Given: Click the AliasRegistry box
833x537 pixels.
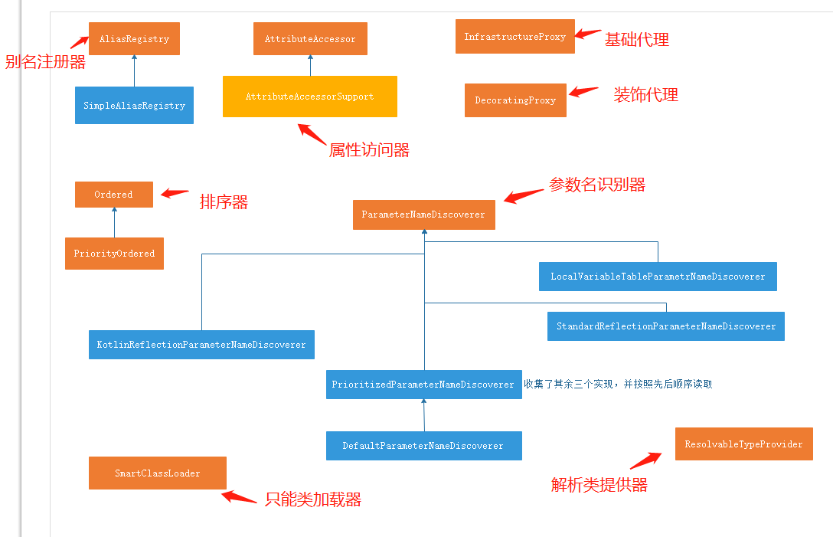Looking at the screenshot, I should (134, 39).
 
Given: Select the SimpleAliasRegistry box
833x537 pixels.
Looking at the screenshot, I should (134, 106).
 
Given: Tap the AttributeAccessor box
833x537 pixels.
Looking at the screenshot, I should (310, 39).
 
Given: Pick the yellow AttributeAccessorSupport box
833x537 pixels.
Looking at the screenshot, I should (309, 97).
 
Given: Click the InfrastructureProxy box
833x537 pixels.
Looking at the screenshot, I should (514, 37).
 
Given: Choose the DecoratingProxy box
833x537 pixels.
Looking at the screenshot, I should (515, 100).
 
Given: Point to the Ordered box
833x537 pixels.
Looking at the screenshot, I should (113, 195).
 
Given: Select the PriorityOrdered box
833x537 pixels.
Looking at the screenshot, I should (114, 254).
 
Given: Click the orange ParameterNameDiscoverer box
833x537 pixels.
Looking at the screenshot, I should (423, 214).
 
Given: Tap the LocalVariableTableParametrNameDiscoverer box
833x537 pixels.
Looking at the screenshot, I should (658, 277).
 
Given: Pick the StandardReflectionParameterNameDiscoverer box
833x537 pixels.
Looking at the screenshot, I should (666, 326).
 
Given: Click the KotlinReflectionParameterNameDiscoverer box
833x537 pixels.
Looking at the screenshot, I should (201, 345).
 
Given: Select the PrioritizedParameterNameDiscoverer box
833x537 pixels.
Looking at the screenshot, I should (423, 385).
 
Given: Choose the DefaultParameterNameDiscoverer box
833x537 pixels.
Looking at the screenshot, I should (423, 446).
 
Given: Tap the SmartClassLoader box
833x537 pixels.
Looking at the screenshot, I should (157, 473).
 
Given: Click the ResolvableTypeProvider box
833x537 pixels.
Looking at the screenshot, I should (743, 444).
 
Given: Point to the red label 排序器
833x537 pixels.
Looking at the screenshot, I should (224, 202).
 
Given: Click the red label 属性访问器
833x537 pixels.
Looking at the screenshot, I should (369, 150).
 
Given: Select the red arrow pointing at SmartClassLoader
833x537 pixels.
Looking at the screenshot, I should (239, 498).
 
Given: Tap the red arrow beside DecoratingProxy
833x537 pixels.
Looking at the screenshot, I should (583, 93).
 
